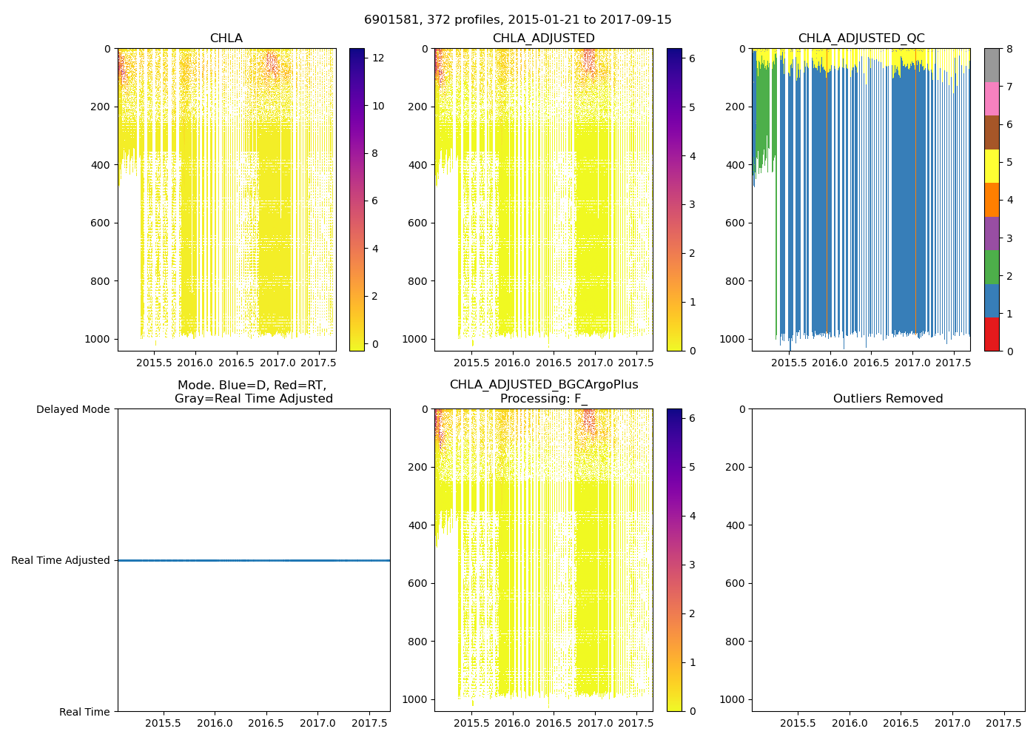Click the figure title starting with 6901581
tap(517, 20)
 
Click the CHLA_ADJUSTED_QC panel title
tap(861, 38)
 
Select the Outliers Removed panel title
tap(888, 399)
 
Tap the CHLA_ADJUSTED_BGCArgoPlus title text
tap(543, 385)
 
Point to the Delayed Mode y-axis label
tap(73, 409)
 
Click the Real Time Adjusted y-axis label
tap(61, 560)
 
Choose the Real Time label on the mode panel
tap(84, 712)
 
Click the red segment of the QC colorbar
tap(992, 334)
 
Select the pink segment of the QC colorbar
tap(992, 98)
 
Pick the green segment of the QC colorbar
tap(992, 266)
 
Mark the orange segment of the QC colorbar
tap(992, 200)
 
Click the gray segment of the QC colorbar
tap(992, 65)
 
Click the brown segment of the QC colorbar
tap(992, 132)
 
